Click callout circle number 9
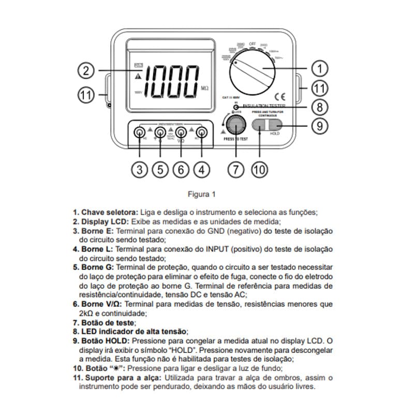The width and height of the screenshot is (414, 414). pyautogui.click(x=319, y=125)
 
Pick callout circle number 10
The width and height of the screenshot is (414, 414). pyautogui.click(x=260, y=170)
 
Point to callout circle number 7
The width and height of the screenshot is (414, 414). pyautogui.click(x=236, y=170)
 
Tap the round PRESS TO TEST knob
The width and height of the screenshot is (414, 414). pyautogui.click(x=236, y=126)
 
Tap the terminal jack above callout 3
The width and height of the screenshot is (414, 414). pyautogui.click(x=140, y=134)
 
